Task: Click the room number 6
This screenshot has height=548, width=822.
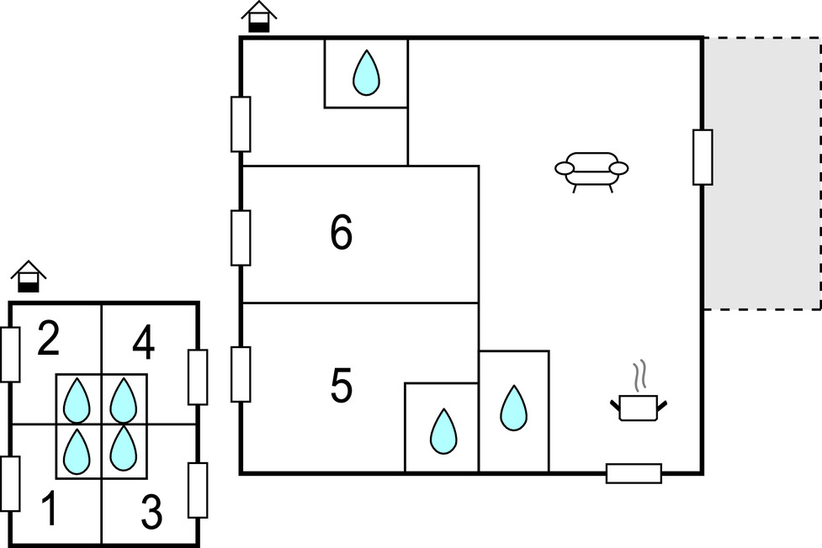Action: [342, 233]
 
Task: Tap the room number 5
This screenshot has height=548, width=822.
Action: [342, 386]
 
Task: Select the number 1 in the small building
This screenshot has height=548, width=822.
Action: [50, 508]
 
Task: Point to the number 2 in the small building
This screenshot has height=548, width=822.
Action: [48, 340]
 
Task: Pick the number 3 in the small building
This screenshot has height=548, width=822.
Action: [151, 512]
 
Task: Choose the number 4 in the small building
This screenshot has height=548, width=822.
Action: [144, 342]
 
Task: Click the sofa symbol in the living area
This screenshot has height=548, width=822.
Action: [591, 172]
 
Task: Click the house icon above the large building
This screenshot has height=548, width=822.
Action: [259, 17]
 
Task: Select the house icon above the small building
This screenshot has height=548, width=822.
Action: [29, 276]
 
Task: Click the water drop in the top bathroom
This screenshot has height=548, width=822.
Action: [367, 73]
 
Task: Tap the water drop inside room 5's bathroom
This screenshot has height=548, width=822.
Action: [443, 431]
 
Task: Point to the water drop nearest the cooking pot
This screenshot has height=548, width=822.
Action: [514, 408]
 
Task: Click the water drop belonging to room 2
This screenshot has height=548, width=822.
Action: [77, 400]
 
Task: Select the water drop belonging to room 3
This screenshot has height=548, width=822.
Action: [124, 448]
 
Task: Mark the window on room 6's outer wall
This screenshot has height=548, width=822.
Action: [241, 238]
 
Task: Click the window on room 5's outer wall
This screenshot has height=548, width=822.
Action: [241, 375]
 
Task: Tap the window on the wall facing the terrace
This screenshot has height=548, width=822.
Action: [703, 157]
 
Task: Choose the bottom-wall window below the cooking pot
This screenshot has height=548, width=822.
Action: [634, 473]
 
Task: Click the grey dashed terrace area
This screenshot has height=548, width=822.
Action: [762, 173]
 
